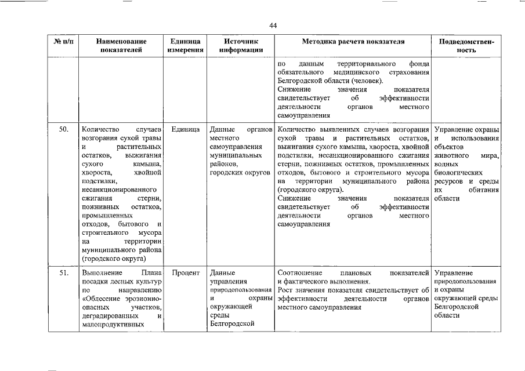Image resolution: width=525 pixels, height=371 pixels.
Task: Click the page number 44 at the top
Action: click(x=274, y=25)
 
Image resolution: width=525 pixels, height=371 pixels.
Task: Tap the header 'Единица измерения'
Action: click(x=186, y=46)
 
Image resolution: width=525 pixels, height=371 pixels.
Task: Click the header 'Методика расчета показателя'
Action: click(x=353, y=42)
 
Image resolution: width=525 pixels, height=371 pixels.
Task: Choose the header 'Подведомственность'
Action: click(x=467, y=46)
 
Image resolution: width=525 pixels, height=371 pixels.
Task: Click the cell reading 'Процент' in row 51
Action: click(x=186, y=272)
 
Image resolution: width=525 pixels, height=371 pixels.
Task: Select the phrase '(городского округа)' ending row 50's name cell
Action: click(x=114, y=259)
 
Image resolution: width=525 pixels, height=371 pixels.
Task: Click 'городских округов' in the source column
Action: click(x=240, y=173)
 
